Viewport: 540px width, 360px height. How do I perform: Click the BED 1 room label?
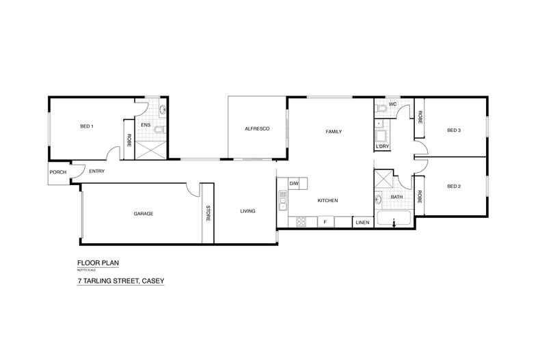[87, 126]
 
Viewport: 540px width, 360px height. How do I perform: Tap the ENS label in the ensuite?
[146, 126]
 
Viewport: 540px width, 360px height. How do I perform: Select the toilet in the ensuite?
[159, 130]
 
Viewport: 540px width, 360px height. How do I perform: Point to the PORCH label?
[58, 172]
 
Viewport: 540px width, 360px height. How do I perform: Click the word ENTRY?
[96, 171]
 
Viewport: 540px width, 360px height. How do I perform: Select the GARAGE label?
[143, 214]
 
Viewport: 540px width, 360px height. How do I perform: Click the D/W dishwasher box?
[295, 184]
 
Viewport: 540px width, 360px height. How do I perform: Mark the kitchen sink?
[282, 199]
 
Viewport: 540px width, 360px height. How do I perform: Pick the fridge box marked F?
[326, 222]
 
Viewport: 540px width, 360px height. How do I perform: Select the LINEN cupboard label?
[362, 223]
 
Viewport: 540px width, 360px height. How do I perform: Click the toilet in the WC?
[382, 108]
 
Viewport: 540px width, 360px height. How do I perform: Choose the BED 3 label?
[455, 130]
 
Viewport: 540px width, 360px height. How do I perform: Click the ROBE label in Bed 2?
[420, 197]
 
